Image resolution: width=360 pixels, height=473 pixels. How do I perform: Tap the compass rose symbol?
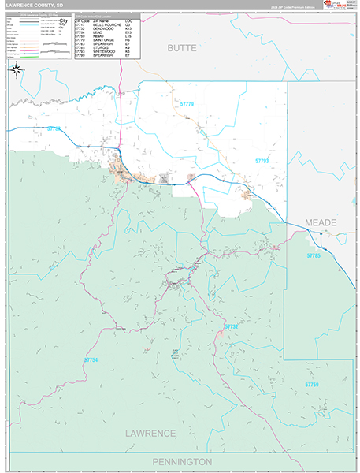point(16,69)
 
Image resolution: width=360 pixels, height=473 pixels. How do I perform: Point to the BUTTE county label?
point(180,48)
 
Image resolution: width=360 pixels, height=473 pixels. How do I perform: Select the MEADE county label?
point(321,223)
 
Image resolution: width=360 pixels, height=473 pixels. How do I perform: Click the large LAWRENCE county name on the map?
point(151,434)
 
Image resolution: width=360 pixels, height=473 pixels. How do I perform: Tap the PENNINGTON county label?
point(181,461)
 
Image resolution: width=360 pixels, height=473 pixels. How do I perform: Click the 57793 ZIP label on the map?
point(262,161)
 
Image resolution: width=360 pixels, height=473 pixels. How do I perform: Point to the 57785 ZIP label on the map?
point(314,255)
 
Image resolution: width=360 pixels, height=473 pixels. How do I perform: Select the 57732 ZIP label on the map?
point(231,326)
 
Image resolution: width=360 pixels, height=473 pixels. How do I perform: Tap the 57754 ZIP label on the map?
point(92,359)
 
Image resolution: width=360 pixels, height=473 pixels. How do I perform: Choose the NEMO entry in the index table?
point(98,35)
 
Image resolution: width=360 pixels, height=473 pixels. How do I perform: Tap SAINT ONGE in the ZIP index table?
point(103,39)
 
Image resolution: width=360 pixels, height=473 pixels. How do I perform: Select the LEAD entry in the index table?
point(97,32)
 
